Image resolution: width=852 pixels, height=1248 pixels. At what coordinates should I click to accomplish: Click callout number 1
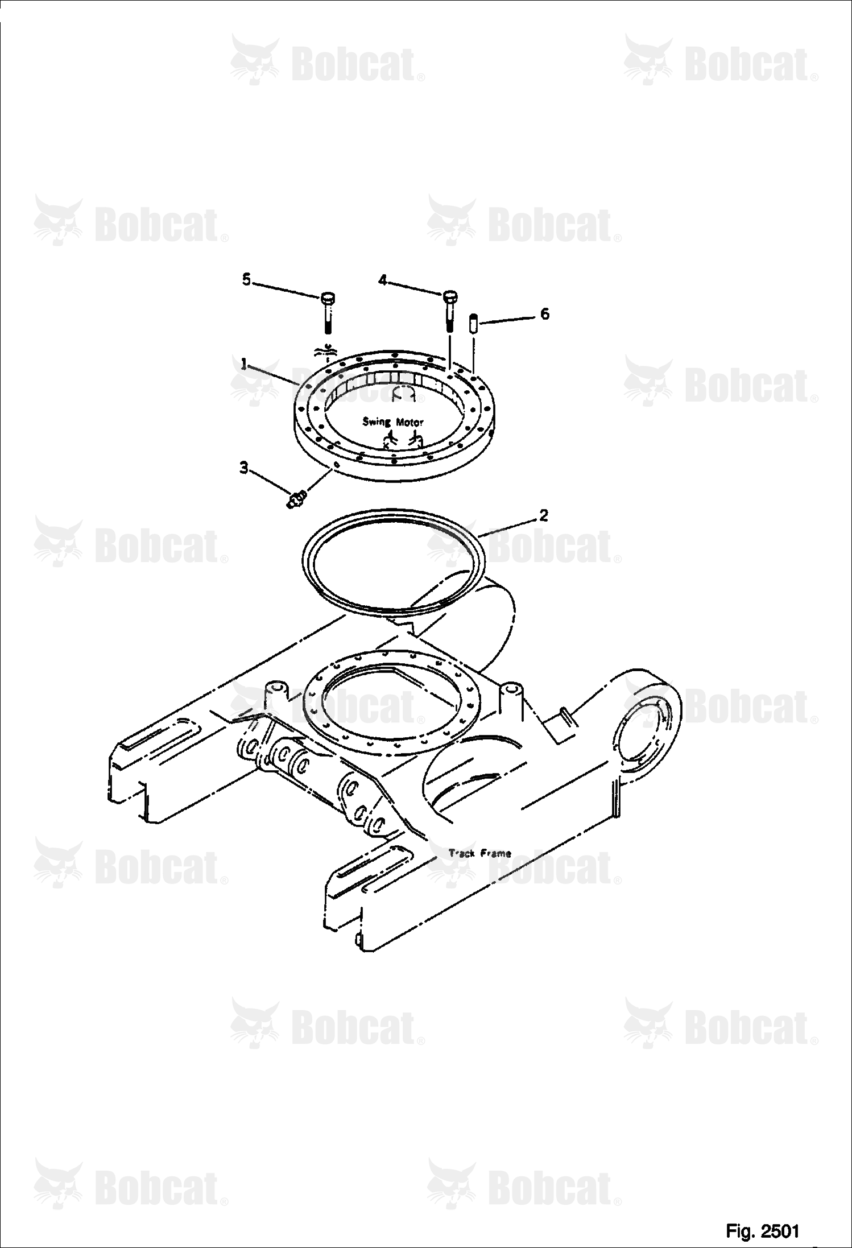click(x=243, y=363)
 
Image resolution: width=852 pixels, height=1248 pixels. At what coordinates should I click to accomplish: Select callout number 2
click(x=543, y=515)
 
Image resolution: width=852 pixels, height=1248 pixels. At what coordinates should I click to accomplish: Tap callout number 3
click(x=243, y=468)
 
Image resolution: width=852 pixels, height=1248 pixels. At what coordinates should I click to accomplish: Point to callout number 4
click(x=383, y=280)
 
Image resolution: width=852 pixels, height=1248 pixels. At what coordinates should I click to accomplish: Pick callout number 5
click(x=246, y=279)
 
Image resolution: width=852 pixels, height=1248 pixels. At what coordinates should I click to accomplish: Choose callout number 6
click(x=544, y=313)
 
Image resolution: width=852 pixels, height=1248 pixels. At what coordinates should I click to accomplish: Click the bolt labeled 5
click(x=328, y=313)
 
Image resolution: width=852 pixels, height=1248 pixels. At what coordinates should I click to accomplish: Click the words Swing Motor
click(x=393, y=421)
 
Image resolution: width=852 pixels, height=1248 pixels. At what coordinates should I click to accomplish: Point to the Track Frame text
click(x=479, y=853)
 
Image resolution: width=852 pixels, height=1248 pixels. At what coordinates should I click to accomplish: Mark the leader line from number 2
click(x=506, y=527)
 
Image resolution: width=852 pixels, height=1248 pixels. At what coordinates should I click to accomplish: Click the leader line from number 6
click(x=506, y=320)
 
